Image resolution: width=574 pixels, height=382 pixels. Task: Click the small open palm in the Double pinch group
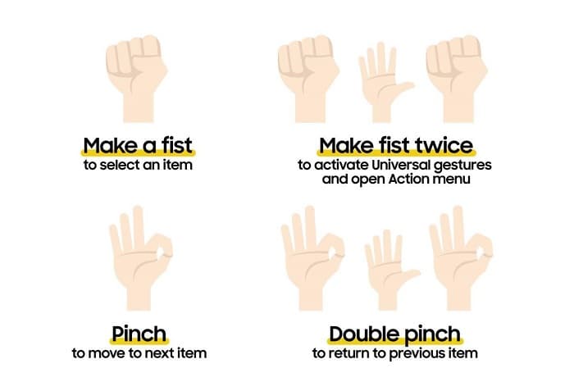click(x=390, y=270)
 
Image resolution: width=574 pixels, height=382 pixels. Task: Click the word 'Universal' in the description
click(x=401, y=165)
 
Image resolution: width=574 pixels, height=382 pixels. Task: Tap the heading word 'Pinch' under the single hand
click(x=139, y=334)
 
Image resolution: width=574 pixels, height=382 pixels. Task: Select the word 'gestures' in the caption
click(x=462, y=166)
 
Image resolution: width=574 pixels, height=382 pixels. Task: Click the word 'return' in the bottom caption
click(x=348, y=354)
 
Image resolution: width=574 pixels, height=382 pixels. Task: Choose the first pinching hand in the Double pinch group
click(x=312, y=258)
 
